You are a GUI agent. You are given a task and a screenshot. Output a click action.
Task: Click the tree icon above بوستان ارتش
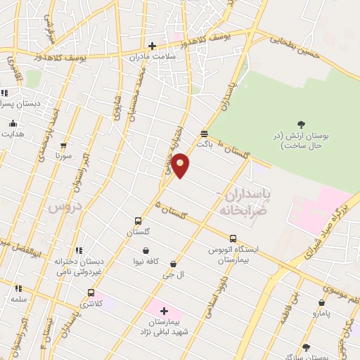(301, 124)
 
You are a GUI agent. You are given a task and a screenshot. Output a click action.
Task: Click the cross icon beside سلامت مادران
(152, 46)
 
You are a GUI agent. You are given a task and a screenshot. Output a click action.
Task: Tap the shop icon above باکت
(204, 132)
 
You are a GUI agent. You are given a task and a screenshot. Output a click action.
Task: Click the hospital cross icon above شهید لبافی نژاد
(163, 310)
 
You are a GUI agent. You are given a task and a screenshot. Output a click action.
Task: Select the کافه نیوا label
(145, 261)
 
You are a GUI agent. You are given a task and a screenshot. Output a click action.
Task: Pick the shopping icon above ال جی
(173, 264)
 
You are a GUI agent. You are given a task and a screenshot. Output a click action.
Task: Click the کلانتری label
(89, 303)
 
